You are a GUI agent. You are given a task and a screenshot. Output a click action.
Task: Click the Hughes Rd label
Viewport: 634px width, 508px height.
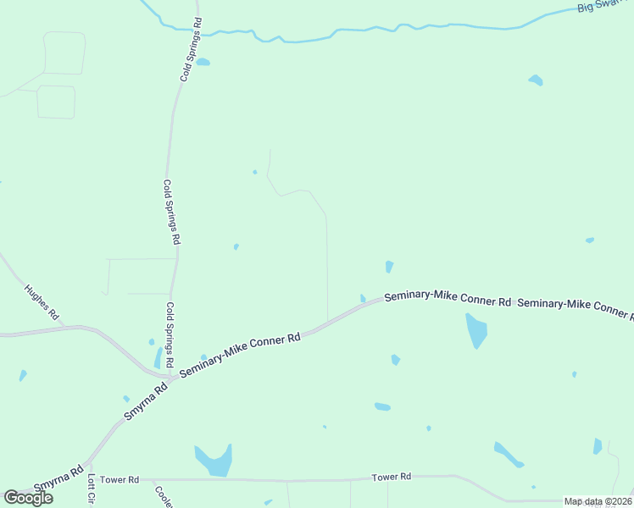(x=42, y=301)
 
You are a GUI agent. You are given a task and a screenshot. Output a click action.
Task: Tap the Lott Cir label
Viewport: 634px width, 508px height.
(x=91, y=489)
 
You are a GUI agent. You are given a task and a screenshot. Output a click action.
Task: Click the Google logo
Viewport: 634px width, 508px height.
(x=28, y=498)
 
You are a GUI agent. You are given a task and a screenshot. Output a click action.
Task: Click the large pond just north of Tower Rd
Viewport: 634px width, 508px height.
(x=214, y=460)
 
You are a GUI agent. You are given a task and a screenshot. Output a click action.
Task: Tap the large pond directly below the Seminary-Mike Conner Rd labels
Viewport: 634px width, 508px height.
(x=476, y=330)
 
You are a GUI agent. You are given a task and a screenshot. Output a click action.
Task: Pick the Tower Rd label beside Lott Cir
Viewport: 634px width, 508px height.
(x=119, y=479)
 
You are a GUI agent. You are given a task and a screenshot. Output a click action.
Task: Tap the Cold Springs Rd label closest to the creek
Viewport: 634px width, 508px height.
(x=191, y=49)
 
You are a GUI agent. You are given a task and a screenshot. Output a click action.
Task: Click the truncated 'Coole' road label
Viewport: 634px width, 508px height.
(x=164, y=495)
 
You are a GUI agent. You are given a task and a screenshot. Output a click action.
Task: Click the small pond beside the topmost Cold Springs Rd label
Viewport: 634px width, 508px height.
(x=203, y=62)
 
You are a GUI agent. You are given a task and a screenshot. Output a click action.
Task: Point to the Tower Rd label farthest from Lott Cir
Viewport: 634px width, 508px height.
(x=391, y=478)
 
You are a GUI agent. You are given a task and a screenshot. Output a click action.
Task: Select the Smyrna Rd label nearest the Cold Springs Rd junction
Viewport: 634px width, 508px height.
(x=146, y=401)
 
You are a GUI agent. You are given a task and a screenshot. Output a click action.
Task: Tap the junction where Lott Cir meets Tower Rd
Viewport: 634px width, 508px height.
(x=92, y=478)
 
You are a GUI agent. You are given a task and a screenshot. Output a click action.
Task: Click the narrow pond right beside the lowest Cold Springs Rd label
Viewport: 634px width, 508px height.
(x=158, y=358)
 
